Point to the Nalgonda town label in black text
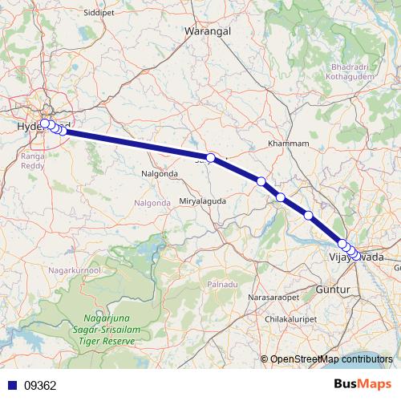pyautogui.click(x=159, y=173)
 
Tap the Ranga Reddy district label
pyautogui.click(x=34, y=163)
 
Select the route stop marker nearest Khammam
pyautogui.click(x=261, y=182)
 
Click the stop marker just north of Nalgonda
pyautogui.click(x=210, y=158)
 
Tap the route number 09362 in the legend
pyautogui.click(x=40, y=385)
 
